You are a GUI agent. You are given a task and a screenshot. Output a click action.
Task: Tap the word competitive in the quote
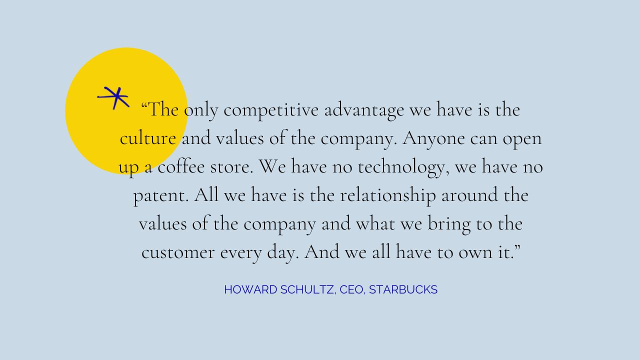coord(271,110)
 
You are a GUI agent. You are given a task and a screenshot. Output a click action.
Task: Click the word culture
coord(147,138)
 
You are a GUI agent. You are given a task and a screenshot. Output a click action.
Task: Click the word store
coord(231,167)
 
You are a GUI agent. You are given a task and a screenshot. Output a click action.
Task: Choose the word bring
coord(449,224)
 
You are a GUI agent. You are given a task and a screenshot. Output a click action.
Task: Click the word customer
coord(178,252)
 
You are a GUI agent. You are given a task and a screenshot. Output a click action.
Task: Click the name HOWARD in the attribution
coord(250,289)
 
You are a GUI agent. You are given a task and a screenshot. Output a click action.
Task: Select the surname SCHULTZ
coord(307,289)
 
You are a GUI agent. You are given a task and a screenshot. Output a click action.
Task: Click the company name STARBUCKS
coord(403,289)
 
